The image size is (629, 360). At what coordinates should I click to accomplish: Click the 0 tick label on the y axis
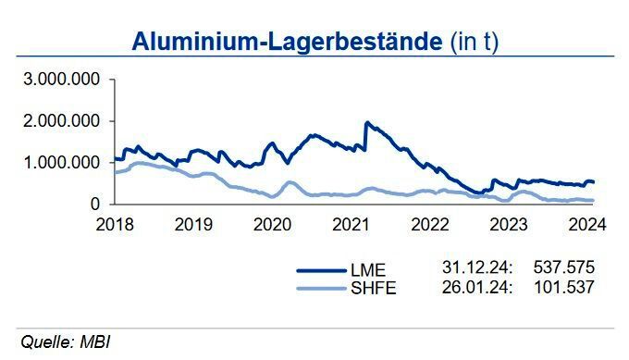coord(95,204)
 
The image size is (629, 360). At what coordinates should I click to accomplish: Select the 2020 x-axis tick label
coord(270,224)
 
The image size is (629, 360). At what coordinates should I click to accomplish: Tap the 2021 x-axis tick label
coord(351,224)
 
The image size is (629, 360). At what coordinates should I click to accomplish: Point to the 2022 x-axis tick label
coord(430,224)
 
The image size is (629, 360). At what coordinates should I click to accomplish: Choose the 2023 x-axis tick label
coord(510,224)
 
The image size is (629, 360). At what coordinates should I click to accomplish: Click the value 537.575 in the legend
coord(564,267)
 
